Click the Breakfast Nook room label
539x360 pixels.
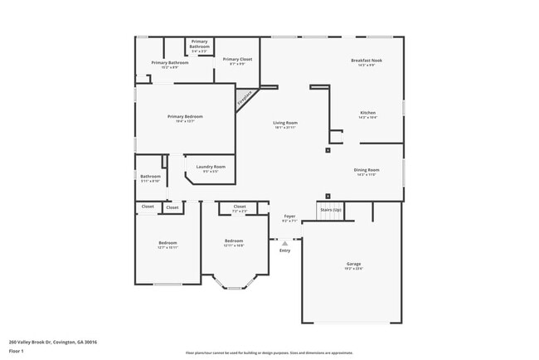pos(366,61)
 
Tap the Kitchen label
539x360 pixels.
pos(367,113)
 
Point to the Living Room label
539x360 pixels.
pos(285,123)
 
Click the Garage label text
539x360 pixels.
pos(353,264)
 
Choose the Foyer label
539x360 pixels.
pos(289,216)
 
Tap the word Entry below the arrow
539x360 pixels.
pos(285,251)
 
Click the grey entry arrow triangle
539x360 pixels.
pos(285,243)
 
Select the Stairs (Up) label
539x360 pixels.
pos(331,210)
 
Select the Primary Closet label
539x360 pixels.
pos(237,59)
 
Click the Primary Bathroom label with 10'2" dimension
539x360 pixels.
pos(170,62)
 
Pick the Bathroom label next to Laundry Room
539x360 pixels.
pos(150,176)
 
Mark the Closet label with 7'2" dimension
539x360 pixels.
pos(240,207)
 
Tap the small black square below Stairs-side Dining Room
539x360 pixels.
pos(328,197)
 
